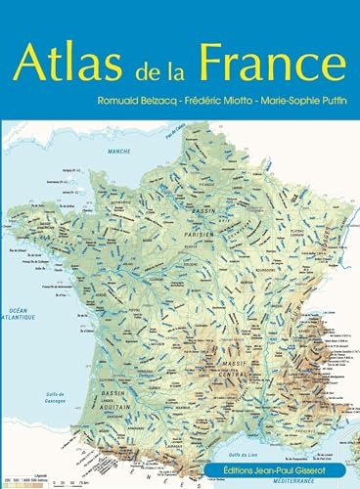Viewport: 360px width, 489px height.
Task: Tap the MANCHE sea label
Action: coord(119,152)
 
